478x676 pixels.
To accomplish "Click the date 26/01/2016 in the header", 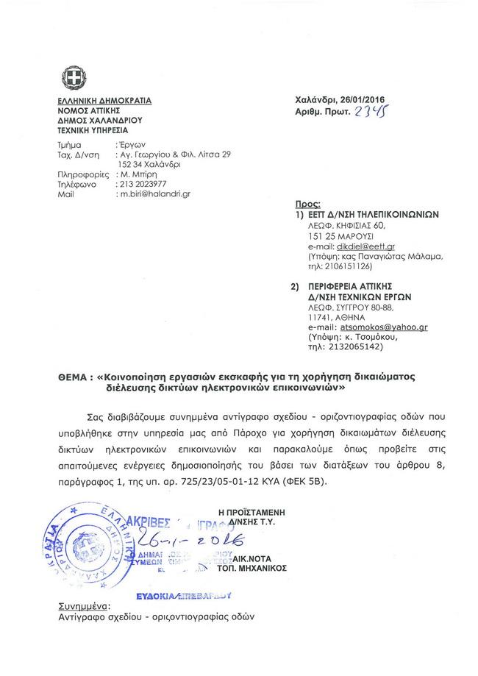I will pos(360,100).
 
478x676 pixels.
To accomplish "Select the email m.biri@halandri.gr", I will pos(154,193).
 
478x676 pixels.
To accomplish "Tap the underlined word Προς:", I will pos(304,204).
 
